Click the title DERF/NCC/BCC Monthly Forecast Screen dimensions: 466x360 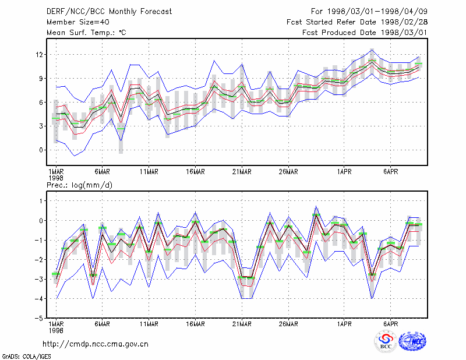pyautogui.click(x=109, y=12)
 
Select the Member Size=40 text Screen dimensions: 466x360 pyautogui.click(x=78, y=22)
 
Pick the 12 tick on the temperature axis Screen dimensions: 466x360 pyautogui.click(x=39, y=55)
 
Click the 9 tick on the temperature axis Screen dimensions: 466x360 pyautogui.click(x=41, y=79)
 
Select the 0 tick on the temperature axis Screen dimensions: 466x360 pyautogui.click(x=41, y=150)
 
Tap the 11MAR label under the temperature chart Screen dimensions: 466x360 pyautogui.click(x=149, y=172)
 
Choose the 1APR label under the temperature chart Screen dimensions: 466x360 pyautogui.click(x=344, y=172)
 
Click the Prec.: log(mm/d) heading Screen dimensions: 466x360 pyautogui.click(x=79, y=185)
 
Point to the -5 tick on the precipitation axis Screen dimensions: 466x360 pyautogui.click(x=39, y=318)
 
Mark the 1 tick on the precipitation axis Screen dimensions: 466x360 pyautogui.click(x=41, y=201)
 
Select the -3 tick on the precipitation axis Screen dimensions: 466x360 pyautogui.click(x=39, y=279)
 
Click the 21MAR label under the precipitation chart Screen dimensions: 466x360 pyautogui.click(x=242, y=324)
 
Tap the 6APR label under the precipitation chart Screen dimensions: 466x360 pyautogui.click(x=390, y=324)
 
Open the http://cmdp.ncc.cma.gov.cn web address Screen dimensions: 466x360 pyautogui.click(x=96, y=344)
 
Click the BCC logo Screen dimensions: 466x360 pyautogui.click(x=386, y=342)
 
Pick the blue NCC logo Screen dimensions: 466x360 pyautogui.click(x=413, y=341)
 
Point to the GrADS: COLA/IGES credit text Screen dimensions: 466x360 pyautogui.click(x=26, y=357)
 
